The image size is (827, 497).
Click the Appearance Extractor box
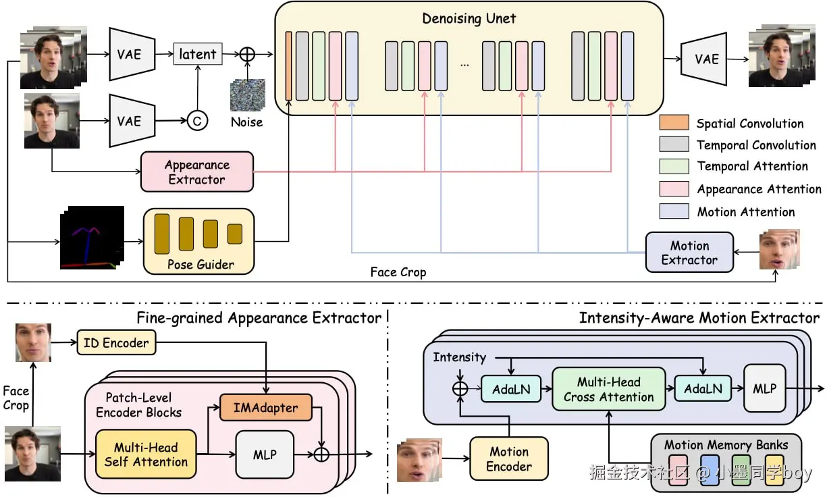197,172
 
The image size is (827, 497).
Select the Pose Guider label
200,264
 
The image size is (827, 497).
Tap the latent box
198,54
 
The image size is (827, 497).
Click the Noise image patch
246,95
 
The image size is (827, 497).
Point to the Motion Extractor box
689,252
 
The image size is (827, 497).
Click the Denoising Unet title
469,18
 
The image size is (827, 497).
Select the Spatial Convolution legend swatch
674,123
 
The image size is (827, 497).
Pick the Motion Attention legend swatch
674,211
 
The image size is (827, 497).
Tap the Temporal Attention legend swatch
674,166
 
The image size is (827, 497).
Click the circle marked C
197,121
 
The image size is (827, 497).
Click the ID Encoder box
116,342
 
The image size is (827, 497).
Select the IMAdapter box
267,407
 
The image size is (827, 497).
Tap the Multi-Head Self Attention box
146,454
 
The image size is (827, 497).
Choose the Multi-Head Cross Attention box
608,389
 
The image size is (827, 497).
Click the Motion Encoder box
509,459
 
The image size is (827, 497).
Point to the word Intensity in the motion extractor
459,357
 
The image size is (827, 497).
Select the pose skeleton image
90,237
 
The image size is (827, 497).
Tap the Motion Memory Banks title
725,445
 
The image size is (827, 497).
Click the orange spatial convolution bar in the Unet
288,66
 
